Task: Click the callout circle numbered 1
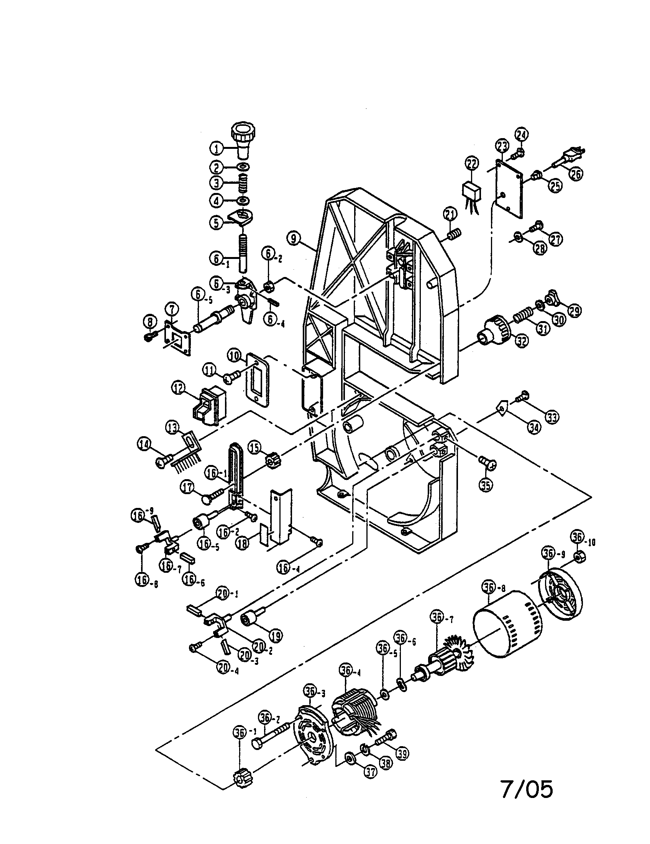point(217,148)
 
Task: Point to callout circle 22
point(471,164)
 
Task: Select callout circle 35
point(486,485)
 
